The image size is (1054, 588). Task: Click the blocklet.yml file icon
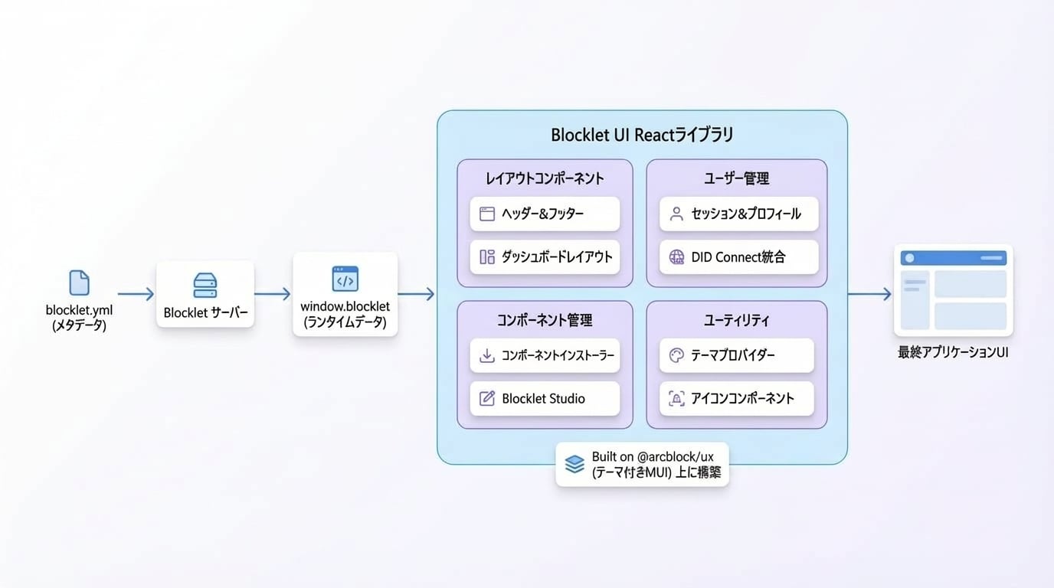click(79, 283)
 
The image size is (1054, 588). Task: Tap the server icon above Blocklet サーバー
click(205, 285)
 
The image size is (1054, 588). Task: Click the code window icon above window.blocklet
click(345, 279)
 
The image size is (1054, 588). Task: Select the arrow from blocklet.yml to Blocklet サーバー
click(136, 294)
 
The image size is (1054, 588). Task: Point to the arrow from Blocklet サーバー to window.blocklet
click(273, 294)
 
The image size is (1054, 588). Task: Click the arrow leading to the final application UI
click(869, 294)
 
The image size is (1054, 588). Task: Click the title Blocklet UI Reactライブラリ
click(642, 135)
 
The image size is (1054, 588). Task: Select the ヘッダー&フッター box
click(545, 214)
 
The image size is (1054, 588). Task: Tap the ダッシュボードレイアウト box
click(545, 257)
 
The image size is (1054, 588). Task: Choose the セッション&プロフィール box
click(738, 214)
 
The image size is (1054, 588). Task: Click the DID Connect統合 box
click(738, 257)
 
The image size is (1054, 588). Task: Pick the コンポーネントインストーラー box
click(545, 355)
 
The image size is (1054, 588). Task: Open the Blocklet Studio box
click(545, 399)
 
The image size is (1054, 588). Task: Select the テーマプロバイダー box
click(736, 355)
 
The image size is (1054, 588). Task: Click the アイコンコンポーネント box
click(736, 399)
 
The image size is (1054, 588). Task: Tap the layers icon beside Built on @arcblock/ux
click(574, 464)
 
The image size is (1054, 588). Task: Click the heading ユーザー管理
click(736, 178)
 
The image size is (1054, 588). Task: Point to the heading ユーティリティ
click(736, 320)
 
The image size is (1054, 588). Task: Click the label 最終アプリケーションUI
click(953, 352)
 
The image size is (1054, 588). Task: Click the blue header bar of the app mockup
click(954, 258)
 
